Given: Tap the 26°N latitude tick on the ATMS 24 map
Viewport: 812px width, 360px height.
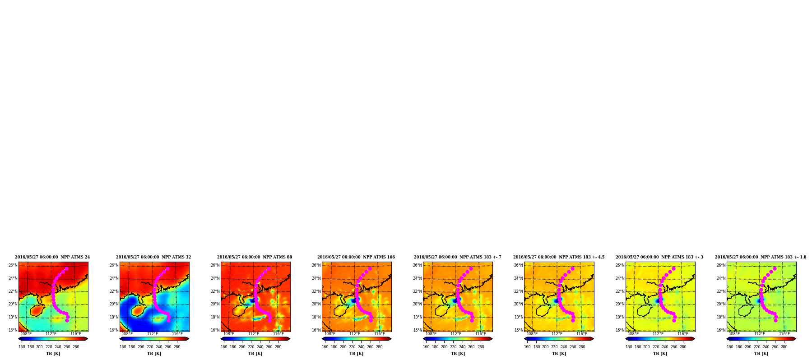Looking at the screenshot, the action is click(13, 265).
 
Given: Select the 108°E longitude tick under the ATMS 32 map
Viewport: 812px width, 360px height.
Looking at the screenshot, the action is click(127, 334).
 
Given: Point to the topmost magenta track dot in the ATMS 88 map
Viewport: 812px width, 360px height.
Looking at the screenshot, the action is click(269, 268).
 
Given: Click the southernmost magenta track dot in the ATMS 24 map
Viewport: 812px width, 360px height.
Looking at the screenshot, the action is click(67, 320).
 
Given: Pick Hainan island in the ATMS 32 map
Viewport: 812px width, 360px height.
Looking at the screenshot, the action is click(139, 310).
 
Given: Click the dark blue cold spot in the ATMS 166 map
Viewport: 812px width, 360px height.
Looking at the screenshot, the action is click(353, 300).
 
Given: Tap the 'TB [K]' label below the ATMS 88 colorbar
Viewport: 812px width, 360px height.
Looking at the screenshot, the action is click(255, 354).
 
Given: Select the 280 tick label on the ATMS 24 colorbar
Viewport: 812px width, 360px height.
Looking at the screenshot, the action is click(76, 347).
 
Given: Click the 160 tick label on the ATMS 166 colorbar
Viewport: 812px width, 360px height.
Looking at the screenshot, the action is click(325, 347).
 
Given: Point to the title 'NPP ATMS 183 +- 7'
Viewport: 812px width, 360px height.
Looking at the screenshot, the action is click(480, 257).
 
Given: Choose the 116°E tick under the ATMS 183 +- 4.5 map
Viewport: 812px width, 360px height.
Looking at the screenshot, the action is click(582, 334).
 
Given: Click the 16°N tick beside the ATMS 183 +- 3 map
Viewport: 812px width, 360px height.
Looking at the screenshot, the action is click(620, 330).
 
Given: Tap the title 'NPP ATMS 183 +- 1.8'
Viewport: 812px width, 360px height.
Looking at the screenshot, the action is click(783, 257).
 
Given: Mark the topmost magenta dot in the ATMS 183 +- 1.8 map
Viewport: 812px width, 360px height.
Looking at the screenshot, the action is click(775, 268).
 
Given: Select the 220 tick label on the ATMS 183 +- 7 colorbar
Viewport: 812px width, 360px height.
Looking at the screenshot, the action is click(453, 347).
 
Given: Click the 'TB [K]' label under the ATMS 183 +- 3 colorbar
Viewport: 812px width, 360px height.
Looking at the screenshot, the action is click(660, 354).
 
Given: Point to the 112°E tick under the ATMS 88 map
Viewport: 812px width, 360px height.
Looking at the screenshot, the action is click(254, 334).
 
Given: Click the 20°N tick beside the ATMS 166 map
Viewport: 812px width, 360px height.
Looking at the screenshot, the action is click(316, 304).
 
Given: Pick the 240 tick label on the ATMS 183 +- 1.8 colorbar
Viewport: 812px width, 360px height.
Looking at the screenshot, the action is click(766, 347).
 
